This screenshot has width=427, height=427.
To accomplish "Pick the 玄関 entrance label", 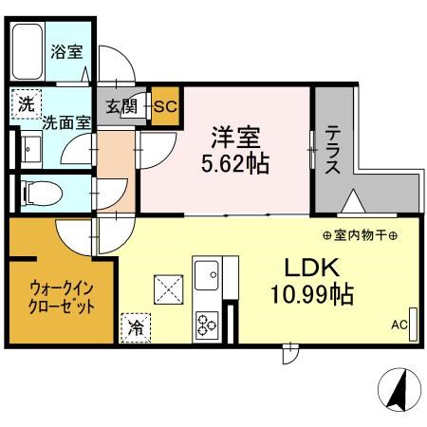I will [121, 107].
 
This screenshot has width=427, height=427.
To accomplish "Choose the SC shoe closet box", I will [164, 105].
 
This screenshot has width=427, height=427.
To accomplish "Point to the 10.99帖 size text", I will [309, 296].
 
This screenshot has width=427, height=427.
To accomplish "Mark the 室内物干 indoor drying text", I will [359, 235].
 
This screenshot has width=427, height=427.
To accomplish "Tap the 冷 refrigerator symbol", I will [134, 329].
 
